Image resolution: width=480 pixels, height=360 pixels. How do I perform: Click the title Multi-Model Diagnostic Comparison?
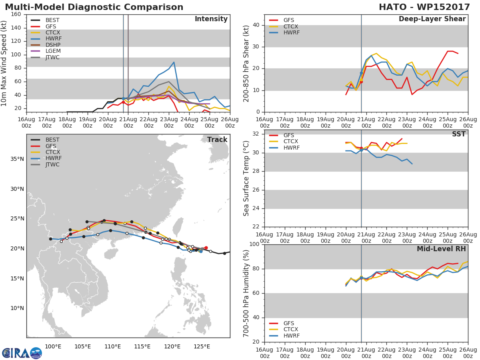point(94,7)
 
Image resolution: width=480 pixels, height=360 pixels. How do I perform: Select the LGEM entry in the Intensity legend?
point(52,51)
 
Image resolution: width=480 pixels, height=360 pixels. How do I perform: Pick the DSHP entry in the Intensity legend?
point(52,45)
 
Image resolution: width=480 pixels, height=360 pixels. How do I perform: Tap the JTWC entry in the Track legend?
point(52,165)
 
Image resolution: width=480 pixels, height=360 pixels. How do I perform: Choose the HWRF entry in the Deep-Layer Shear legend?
point(291,33)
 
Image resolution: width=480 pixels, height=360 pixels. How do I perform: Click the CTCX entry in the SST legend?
point(291,142)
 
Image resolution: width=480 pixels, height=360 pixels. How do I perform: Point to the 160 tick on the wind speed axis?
point(16,14)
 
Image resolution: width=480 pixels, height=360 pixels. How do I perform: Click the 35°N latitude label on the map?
point(17,159)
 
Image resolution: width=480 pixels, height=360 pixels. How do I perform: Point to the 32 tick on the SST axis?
point(254,134)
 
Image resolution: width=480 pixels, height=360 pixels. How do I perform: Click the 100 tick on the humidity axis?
point(253,244)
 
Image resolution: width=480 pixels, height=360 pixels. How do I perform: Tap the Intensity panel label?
point(211,19)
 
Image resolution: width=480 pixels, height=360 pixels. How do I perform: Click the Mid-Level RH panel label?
point(441,249)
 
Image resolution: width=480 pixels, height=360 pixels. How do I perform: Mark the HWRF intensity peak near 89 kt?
point(174,62)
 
